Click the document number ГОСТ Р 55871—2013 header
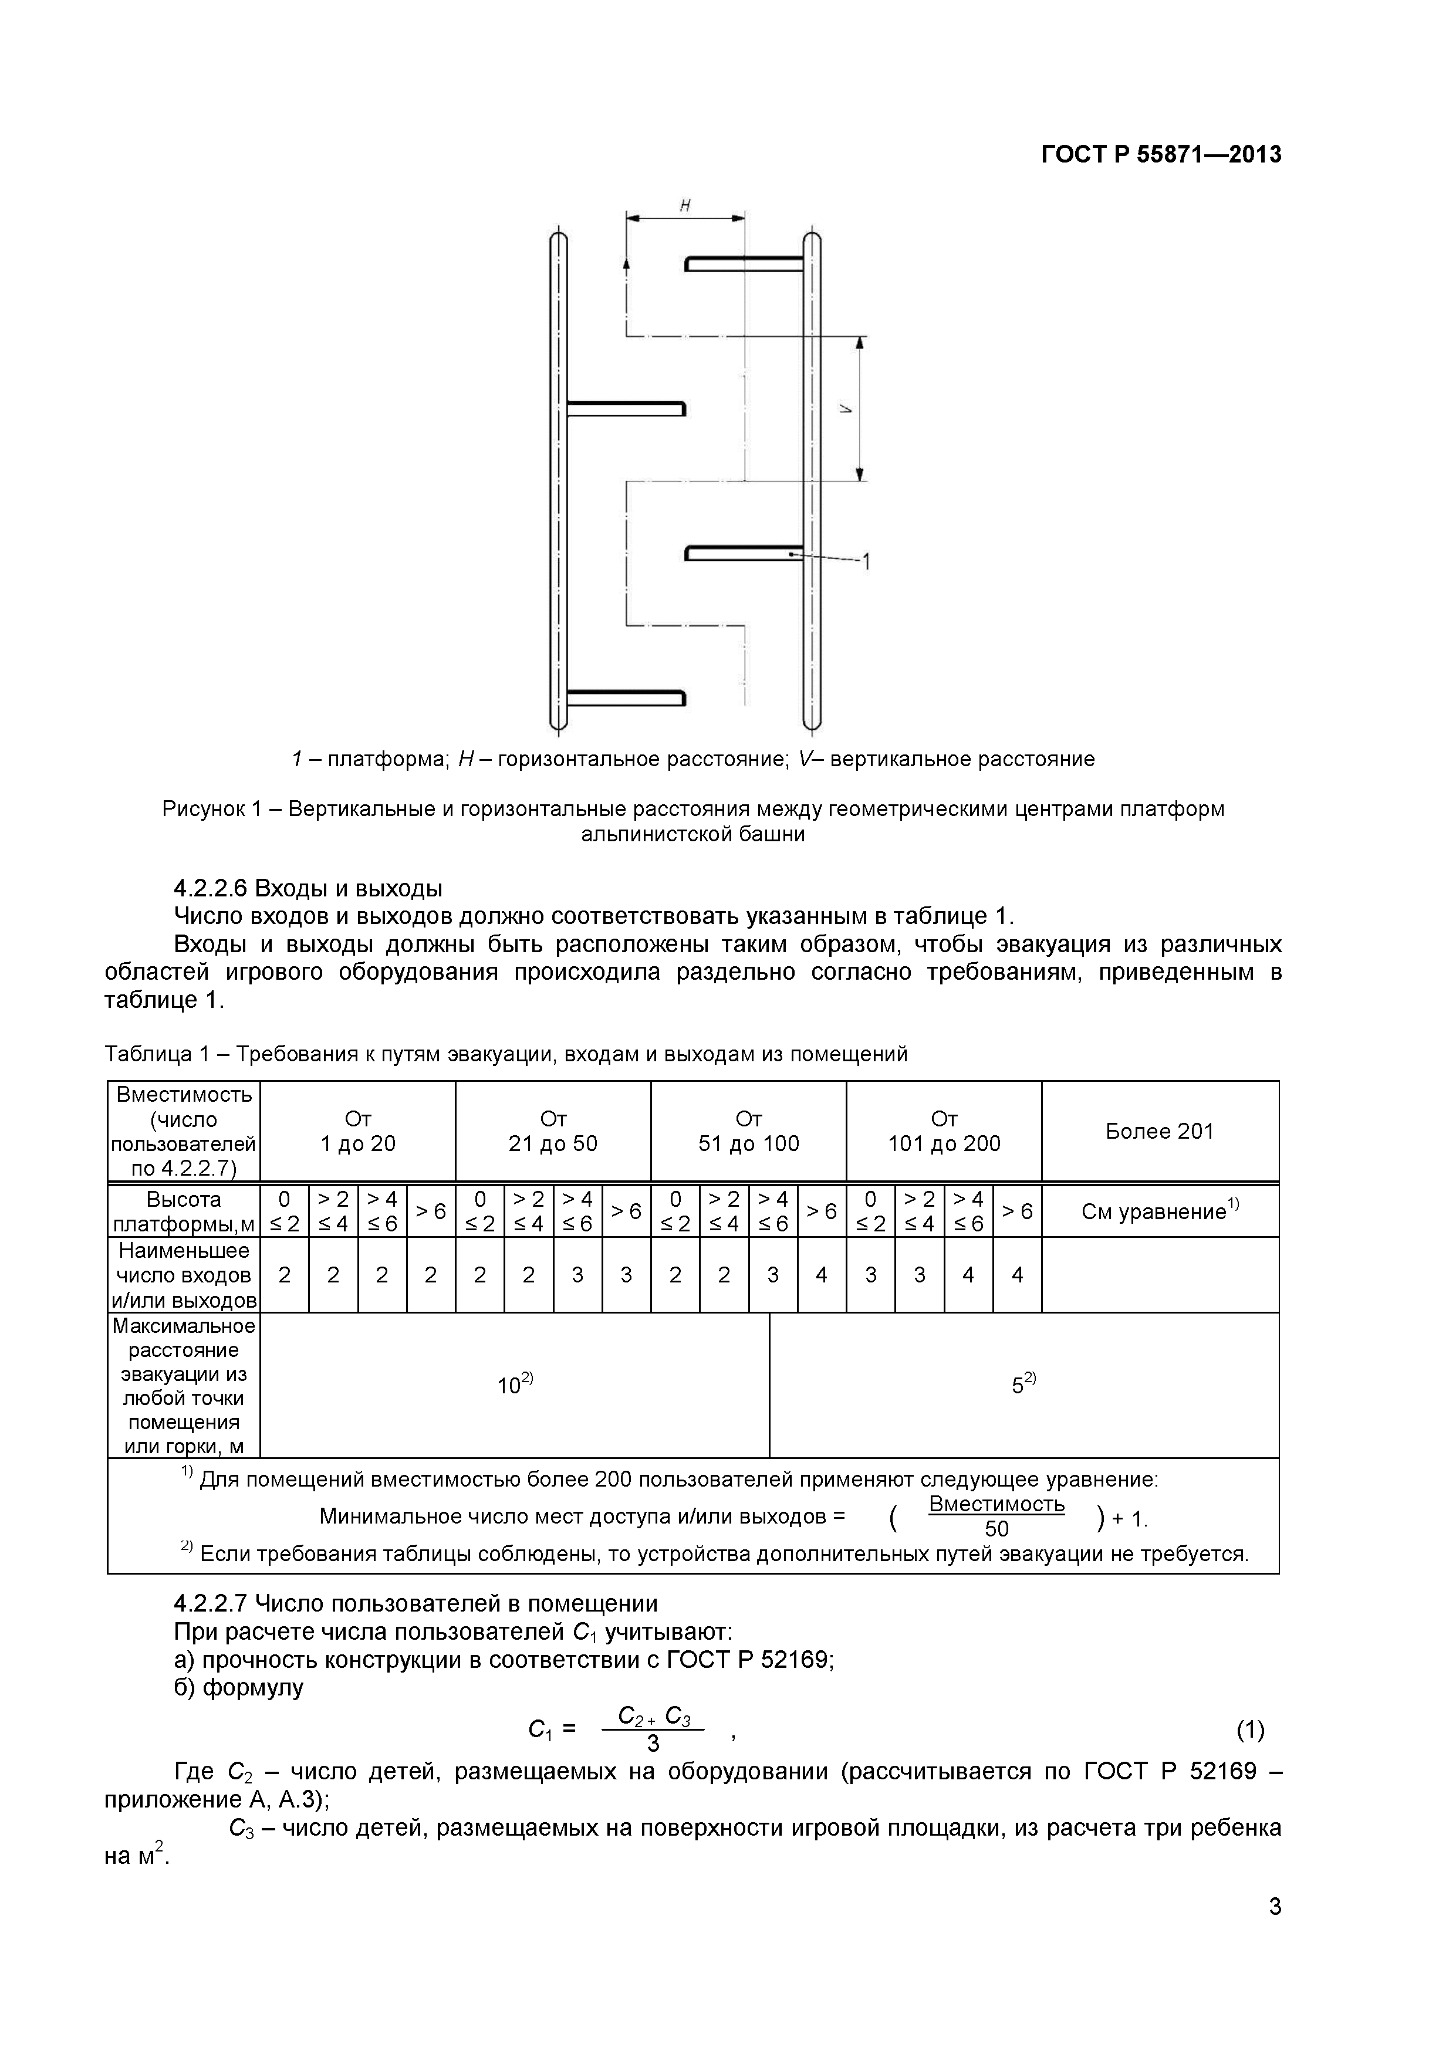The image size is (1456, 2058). pyautogui.click(x=1160, y=155)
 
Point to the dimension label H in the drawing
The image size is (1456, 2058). pyautogui.click(x=685, y=205)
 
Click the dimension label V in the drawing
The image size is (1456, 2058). pyautogui.click(x=844, y=409)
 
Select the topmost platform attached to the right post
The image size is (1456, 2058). pyautogui.click(x=744, y=263)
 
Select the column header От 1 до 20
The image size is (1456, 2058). pyautogui.click(x=358, y=1131)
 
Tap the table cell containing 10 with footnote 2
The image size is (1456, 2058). pyautogui.click(x=515, y=1385)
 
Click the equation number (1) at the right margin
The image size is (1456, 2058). pyautogui.click(x=1250, y=1730)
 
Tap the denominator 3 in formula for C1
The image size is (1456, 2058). pyautogui.click(x=653, y=1744)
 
